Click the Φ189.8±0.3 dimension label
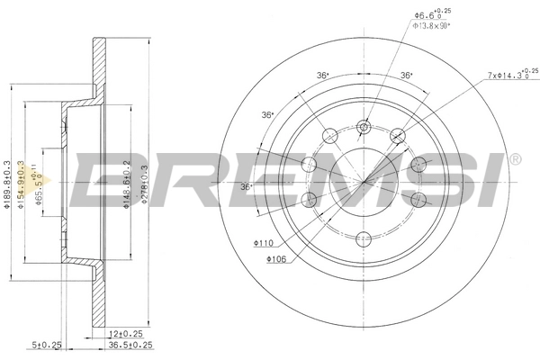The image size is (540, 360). click(8, 184)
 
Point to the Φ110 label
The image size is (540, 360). click(263, 243)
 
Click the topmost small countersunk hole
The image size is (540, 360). click(364, 127)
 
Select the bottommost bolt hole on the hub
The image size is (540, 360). click(364, 238)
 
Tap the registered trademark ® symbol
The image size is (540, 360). click(515, 159)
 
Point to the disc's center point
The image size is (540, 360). click(364, 183)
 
